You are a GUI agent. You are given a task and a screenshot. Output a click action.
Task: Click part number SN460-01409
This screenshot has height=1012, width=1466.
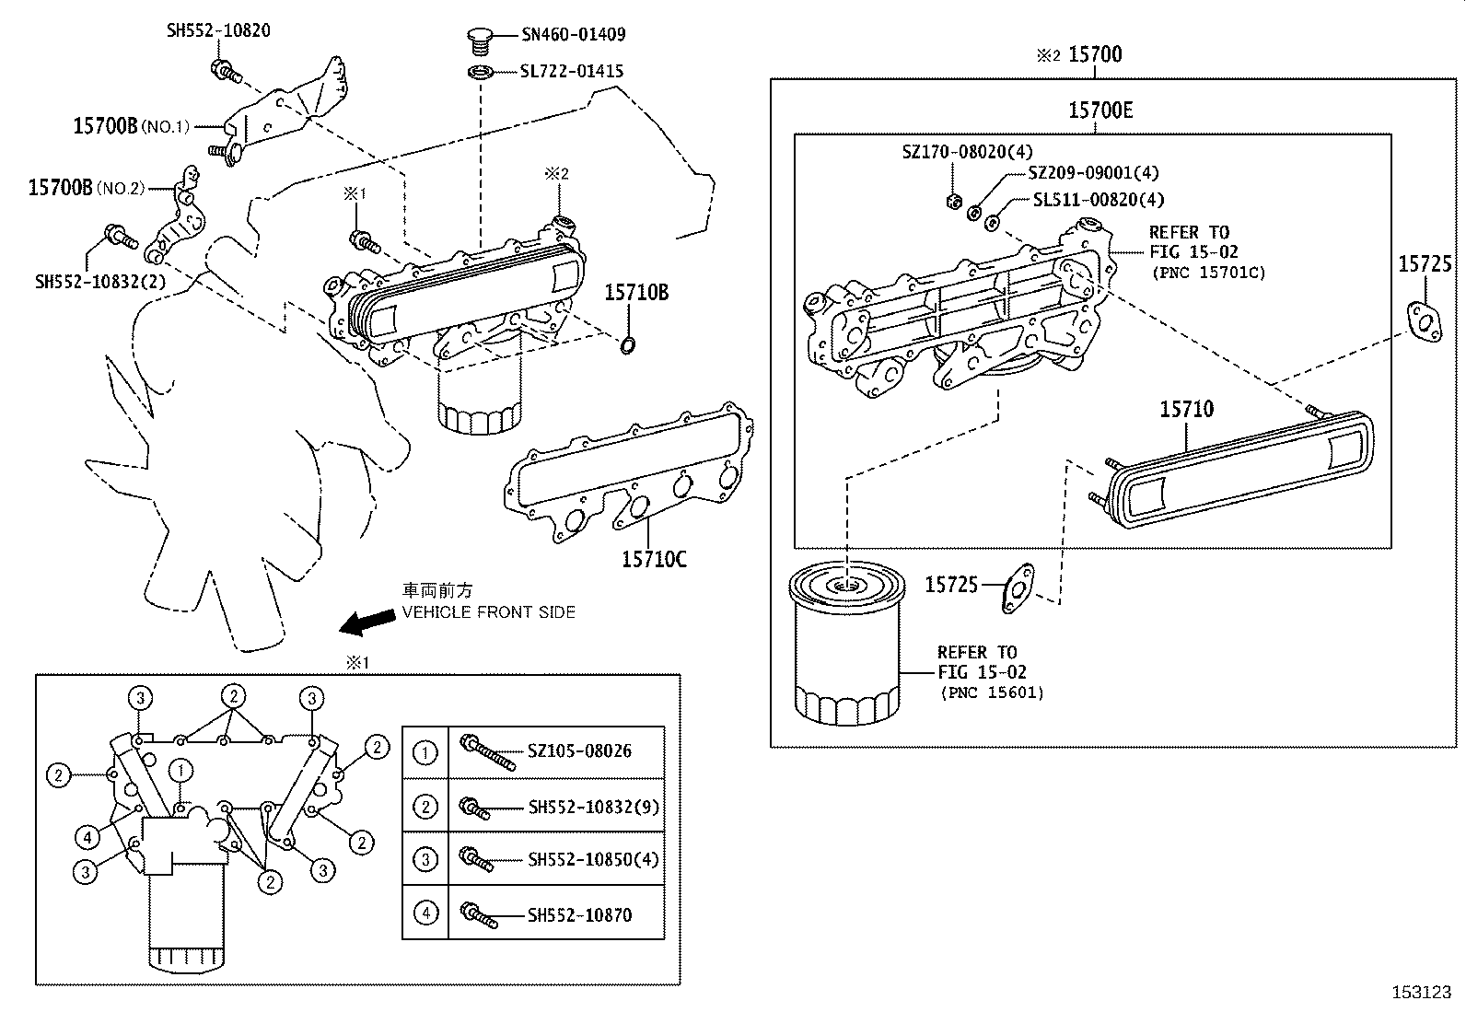573,35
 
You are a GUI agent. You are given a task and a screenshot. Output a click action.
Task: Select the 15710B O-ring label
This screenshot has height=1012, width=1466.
636,294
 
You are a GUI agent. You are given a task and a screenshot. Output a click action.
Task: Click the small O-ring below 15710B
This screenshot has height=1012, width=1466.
626,345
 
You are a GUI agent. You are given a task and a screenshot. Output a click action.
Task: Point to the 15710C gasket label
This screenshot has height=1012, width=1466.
654,559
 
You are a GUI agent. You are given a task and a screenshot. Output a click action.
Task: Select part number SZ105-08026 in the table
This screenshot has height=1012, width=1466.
579,751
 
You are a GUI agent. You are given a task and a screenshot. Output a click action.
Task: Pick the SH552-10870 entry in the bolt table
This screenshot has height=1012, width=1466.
579,914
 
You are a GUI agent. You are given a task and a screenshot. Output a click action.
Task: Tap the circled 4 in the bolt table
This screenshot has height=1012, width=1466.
425,913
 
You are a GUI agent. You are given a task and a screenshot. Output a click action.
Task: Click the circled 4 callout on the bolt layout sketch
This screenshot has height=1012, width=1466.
87,837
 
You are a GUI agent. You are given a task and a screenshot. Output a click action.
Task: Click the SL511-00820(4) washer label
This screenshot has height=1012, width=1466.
1098,200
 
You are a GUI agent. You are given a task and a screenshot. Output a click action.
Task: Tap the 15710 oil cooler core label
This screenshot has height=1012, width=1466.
1186,409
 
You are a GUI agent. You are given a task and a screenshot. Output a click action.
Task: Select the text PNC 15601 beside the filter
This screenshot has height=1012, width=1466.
992,692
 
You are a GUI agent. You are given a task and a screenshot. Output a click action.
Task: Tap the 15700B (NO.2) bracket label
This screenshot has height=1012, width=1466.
87,188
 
